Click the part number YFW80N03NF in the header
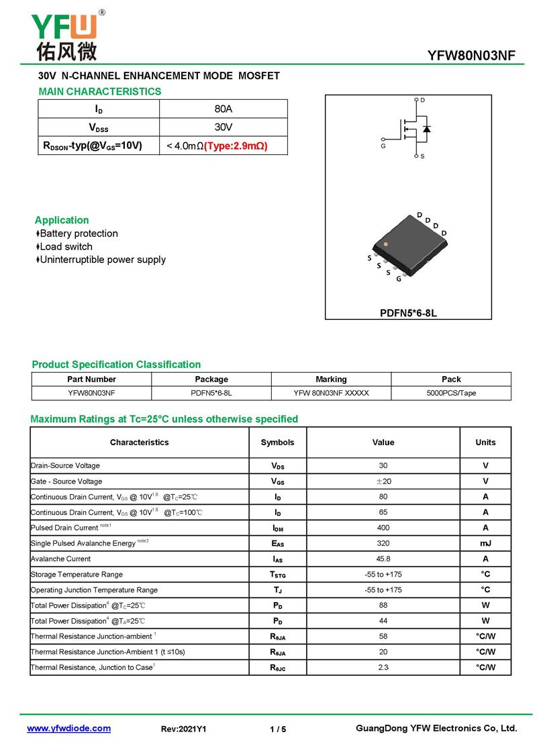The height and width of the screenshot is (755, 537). [471, 56]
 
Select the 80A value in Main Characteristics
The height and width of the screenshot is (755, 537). [224, 109]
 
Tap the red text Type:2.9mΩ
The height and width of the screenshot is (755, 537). [236, 146]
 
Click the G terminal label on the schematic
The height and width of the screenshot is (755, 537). [383, 146]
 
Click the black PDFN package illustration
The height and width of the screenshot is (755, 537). [409, 244]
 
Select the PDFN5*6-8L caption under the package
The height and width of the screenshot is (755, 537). [408, 313]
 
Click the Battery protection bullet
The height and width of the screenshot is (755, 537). [79, 233]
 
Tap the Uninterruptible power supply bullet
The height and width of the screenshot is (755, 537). [102, 259]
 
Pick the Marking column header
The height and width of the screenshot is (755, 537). [331, 379]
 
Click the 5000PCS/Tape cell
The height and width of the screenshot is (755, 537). [451, 393]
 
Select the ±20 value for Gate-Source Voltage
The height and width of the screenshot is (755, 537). [383, 481]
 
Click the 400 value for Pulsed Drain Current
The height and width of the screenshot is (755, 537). [383, 528]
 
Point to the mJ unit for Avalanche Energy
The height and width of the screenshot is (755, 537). [485, 543]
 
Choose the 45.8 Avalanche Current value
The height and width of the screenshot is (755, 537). [383, 559]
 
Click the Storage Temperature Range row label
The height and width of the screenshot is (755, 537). [77, 574]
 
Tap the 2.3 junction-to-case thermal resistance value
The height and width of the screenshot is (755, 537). [383, 667]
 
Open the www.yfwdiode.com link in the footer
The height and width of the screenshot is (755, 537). [68, 728]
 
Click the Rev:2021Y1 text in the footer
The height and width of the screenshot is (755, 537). [184, 729]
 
